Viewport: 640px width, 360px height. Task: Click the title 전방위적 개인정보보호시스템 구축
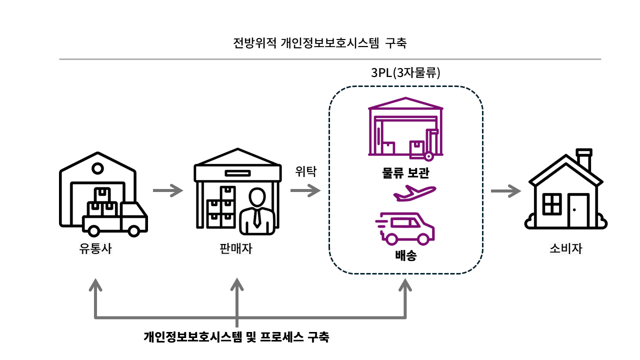tap(320, 43)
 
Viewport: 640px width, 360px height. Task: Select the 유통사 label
tap(95, 248)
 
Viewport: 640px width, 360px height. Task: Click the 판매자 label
tap(236, 248)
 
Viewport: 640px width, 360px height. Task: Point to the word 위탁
tap(305, 171)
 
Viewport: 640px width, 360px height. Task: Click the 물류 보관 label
tap(405, 173)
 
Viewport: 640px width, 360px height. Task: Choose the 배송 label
tap(405, 257)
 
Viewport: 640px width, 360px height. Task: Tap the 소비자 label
tap(566, 248)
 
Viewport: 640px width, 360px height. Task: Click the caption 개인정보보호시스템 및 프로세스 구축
tap(236, 336)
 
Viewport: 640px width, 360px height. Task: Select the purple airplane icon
tap(414, 193)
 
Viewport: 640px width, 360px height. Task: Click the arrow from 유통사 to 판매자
tap(168, 190)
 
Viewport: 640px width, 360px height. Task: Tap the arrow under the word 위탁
tap(305, 190)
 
